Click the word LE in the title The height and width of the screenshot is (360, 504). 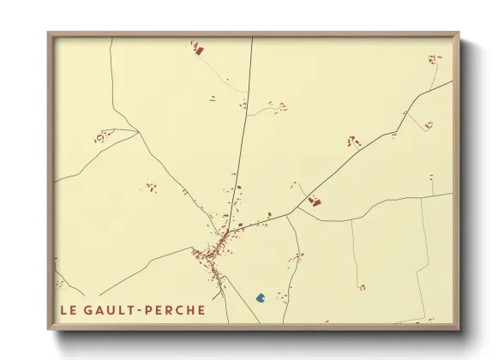coord(69,309)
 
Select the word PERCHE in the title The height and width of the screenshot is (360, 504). coord(177,309)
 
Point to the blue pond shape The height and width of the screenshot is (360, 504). coord(261,297)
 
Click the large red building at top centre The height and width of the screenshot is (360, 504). coord(197,51)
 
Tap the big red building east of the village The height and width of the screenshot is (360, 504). coord(314,202)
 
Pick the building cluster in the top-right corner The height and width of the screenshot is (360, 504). coord(434,60)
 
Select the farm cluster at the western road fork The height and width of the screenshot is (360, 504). coord(105,135)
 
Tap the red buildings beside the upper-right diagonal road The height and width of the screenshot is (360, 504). coord(351,141)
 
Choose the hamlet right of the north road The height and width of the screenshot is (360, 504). coord(277,106)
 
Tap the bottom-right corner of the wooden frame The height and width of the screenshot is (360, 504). coord(459,328)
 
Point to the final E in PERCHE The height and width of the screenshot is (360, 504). coord(202,309)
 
